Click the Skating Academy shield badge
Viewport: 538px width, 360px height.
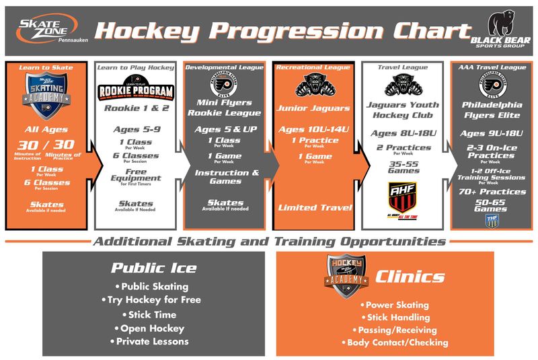coord(48,94)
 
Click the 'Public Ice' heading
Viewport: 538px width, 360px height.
coord(154,268)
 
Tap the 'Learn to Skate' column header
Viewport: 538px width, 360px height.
coord(48,67)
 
